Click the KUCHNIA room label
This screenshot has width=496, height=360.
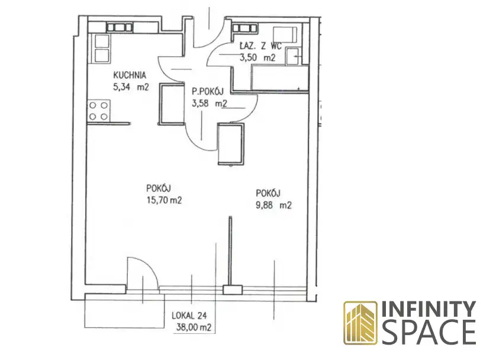pos(130,75)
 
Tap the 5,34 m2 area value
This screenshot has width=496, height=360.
pos(131,87)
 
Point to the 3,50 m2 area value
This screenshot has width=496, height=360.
pos(258,57)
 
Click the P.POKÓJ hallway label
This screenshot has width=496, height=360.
pos(208,91)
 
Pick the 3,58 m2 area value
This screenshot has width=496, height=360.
pos(210,103)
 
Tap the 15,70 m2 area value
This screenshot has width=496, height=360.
pos(164,200)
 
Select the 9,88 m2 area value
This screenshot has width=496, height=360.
pos(273,205)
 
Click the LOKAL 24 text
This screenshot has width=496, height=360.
pos(189,316)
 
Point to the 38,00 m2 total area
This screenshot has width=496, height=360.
pos(194,327)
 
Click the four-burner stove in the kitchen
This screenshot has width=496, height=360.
pos(98,111)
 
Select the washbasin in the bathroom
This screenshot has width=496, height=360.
pos(294,57)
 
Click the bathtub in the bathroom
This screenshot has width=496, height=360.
pos(279,78)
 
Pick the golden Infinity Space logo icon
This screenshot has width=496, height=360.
pos(360,323)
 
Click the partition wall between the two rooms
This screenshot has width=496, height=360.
pos(230,251)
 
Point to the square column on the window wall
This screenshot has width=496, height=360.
pos(233,290)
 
